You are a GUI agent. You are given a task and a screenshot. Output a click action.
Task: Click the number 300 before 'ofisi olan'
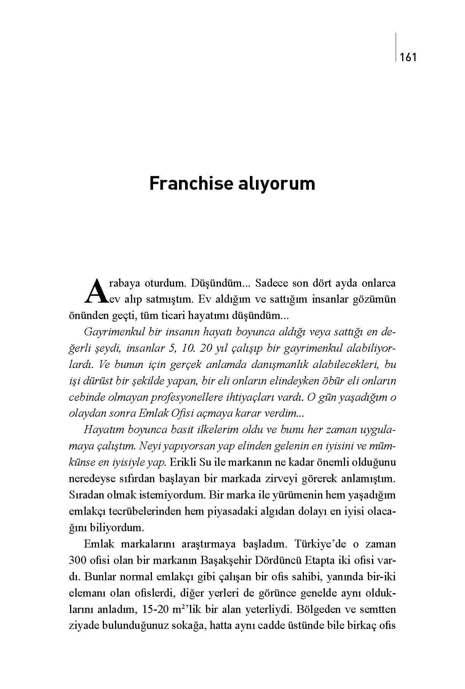[78, 561]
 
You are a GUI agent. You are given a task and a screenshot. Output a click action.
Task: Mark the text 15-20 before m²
[155, 610]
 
